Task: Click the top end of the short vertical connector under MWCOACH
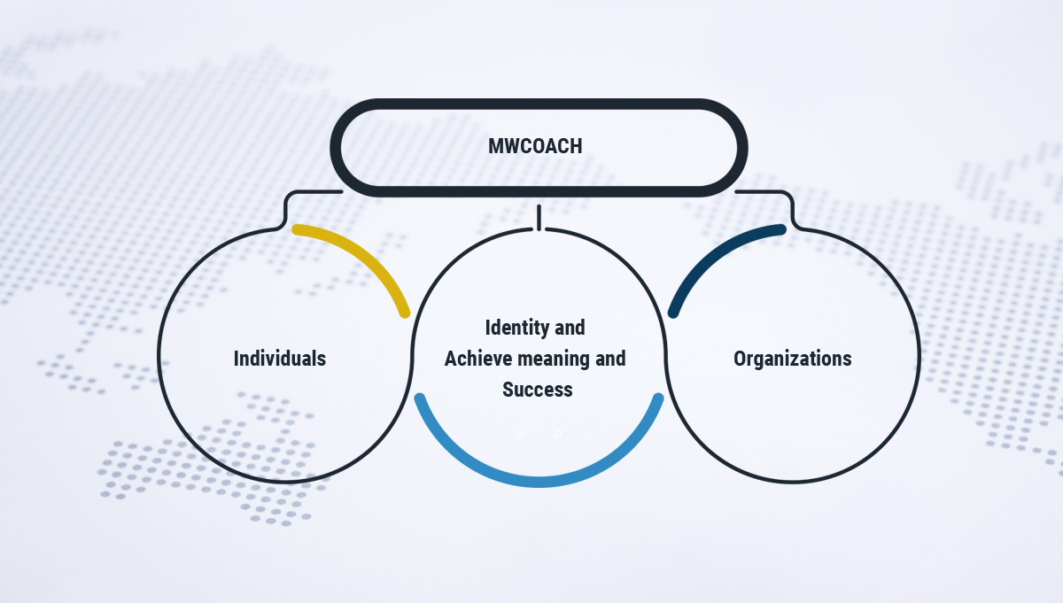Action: pos(539,206)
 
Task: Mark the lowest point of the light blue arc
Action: pos(539,482)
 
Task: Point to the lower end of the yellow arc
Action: pos(404,313)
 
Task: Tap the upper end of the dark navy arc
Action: pos(781,229)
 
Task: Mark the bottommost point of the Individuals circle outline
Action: pos(284,483)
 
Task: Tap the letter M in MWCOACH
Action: pos(495,146)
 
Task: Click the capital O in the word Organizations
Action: pos(740,359)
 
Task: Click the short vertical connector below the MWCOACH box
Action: pos(539,218)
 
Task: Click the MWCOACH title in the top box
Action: pos(535,146)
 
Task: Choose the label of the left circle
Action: pos(280,359)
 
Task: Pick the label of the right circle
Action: pos(793,359)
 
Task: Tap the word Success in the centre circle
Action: pos(538,390)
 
